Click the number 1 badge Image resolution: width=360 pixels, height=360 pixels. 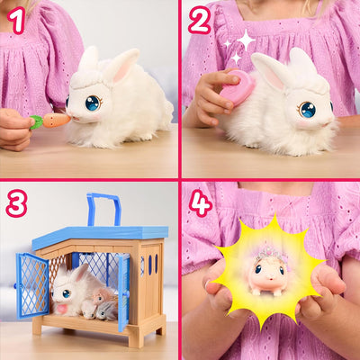click(16, 19)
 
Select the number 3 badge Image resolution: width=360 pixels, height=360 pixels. click(16, 204)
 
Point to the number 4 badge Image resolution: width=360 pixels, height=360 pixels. click(201, 203)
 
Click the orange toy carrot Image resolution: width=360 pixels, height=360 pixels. click(55, 119)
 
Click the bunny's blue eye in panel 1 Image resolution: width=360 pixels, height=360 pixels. click(92, 103)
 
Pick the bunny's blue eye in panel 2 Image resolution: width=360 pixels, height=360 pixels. click(308, 110)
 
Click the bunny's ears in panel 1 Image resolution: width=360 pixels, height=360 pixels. click(106, 63)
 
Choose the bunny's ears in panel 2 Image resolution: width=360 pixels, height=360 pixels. click(286, 67)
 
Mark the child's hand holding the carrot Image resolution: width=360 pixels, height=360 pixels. click(14, 127)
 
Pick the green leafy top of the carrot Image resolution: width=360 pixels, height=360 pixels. click(36, 122)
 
